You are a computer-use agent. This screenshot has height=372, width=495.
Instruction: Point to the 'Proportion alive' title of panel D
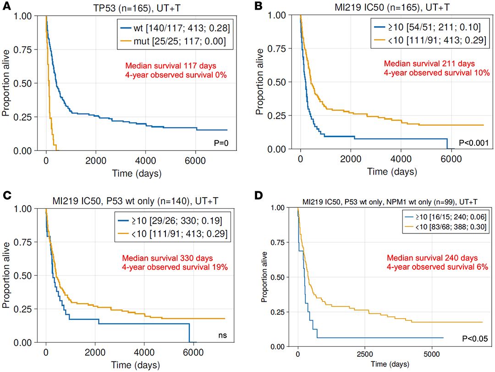coord(265,277)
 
